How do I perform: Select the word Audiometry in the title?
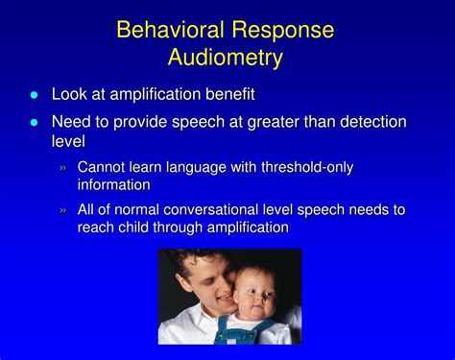pos(227,58)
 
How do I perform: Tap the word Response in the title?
pos(283,30)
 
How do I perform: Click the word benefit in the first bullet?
pos(227,94)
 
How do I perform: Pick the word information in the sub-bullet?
pos(114,184)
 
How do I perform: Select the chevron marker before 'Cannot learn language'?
pos(63,168)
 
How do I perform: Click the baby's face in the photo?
pos(254,292)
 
